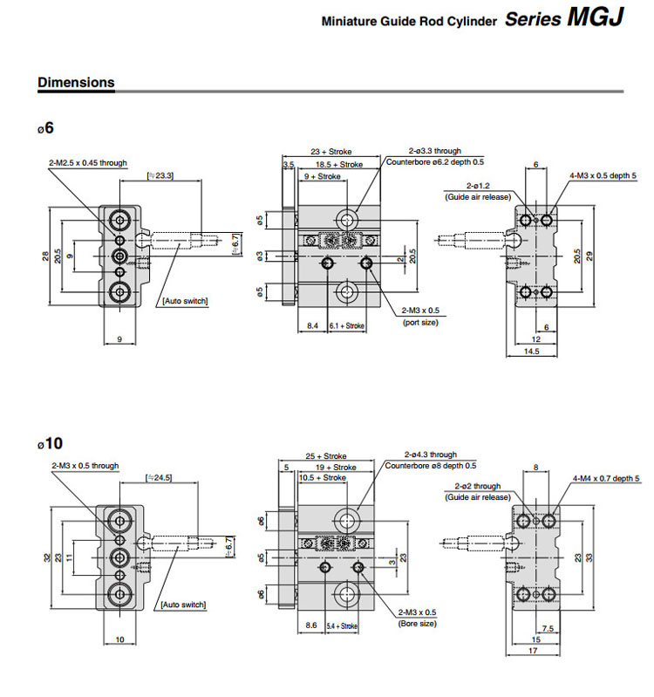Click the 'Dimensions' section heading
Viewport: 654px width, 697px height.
[x=76, y=83]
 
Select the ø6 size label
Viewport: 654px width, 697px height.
[x=45, y=127]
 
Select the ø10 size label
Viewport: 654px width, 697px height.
[x=50, y=443]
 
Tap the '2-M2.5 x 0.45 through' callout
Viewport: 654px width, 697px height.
[x=88, y=163]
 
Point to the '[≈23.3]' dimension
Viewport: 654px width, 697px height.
[x=159, y=176]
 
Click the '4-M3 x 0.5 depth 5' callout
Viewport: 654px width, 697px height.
[x=603, y=175]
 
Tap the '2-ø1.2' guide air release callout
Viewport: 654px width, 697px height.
[x=479, y=186]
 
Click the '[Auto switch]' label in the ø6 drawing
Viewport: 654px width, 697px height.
[x=184, y=301]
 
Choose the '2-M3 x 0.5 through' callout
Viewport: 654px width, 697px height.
[x=85, y=466]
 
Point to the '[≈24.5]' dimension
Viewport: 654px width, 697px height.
[x=160, y=477]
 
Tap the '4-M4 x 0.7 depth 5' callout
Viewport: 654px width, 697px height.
[x=606, y=478]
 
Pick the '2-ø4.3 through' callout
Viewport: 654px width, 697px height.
[x=431, y=454]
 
